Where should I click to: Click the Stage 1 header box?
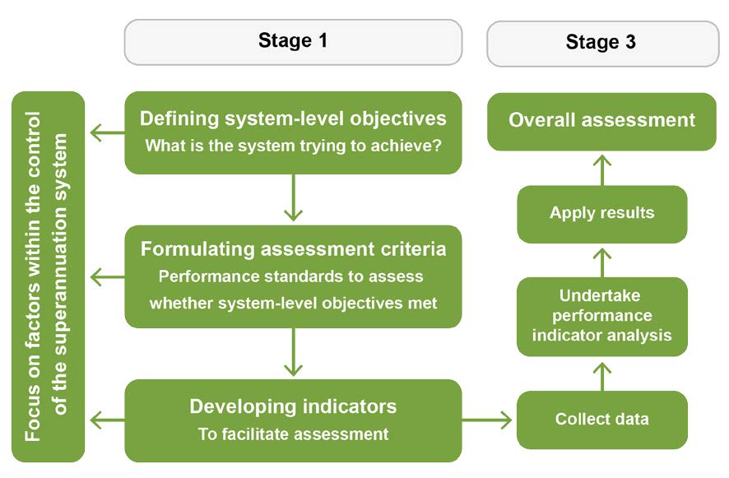click(x=293, y=41)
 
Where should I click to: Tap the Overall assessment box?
click(x=601, y=120)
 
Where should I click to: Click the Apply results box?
click(x=601, y=213)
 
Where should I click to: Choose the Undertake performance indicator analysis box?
click(x=601, y=316)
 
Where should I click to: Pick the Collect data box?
click(x=601, y=420)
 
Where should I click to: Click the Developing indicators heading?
click(x=293, y=406)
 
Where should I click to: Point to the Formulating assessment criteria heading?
click(x=293, y=248)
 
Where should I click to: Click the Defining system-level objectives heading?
click(x=293, y=118)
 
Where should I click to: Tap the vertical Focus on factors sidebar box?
click(x=49, y=276)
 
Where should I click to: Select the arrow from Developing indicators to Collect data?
click(x=488, y=420)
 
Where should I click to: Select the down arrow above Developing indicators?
click(x=294, y=354)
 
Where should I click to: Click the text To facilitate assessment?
click(x=293, y=434)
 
